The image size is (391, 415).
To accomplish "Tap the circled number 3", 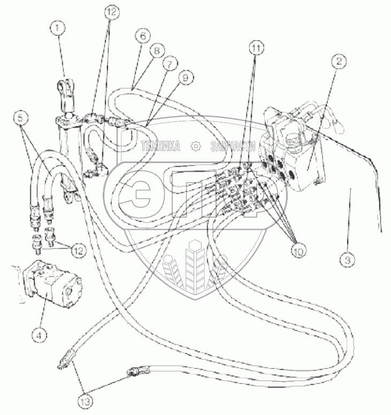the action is [x=348, y=260].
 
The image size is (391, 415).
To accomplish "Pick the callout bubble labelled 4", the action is [x=39, y=336].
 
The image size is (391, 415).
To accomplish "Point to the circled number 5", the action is [x=21, y=118].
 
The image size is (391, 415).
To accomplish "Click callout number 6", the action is [x=143, y=36].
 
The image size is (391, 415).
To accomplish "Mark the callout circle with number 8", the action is [x=157, y=50].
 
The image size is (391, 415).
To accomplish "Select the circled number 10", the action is [x=298, y=251].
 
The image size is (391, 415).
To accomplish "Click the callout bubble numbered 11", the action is [x=256, y=48].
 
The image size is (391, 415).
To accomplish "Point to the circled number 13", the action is [x=86, y=402].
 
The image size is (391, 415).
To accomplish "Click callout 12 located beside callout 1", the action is [x=112, y=12].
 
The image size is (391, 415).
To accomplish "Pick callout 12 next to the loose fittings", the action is [x=78, y=250].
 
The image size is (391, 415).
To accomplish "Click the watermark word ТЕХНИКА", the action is [x=160, y=146].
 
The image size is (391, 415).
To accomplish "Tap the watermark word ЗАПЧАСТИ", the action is [x=233, y=146].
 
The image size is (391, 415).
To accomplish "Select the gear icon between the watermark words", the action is [x=196, y=146].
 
